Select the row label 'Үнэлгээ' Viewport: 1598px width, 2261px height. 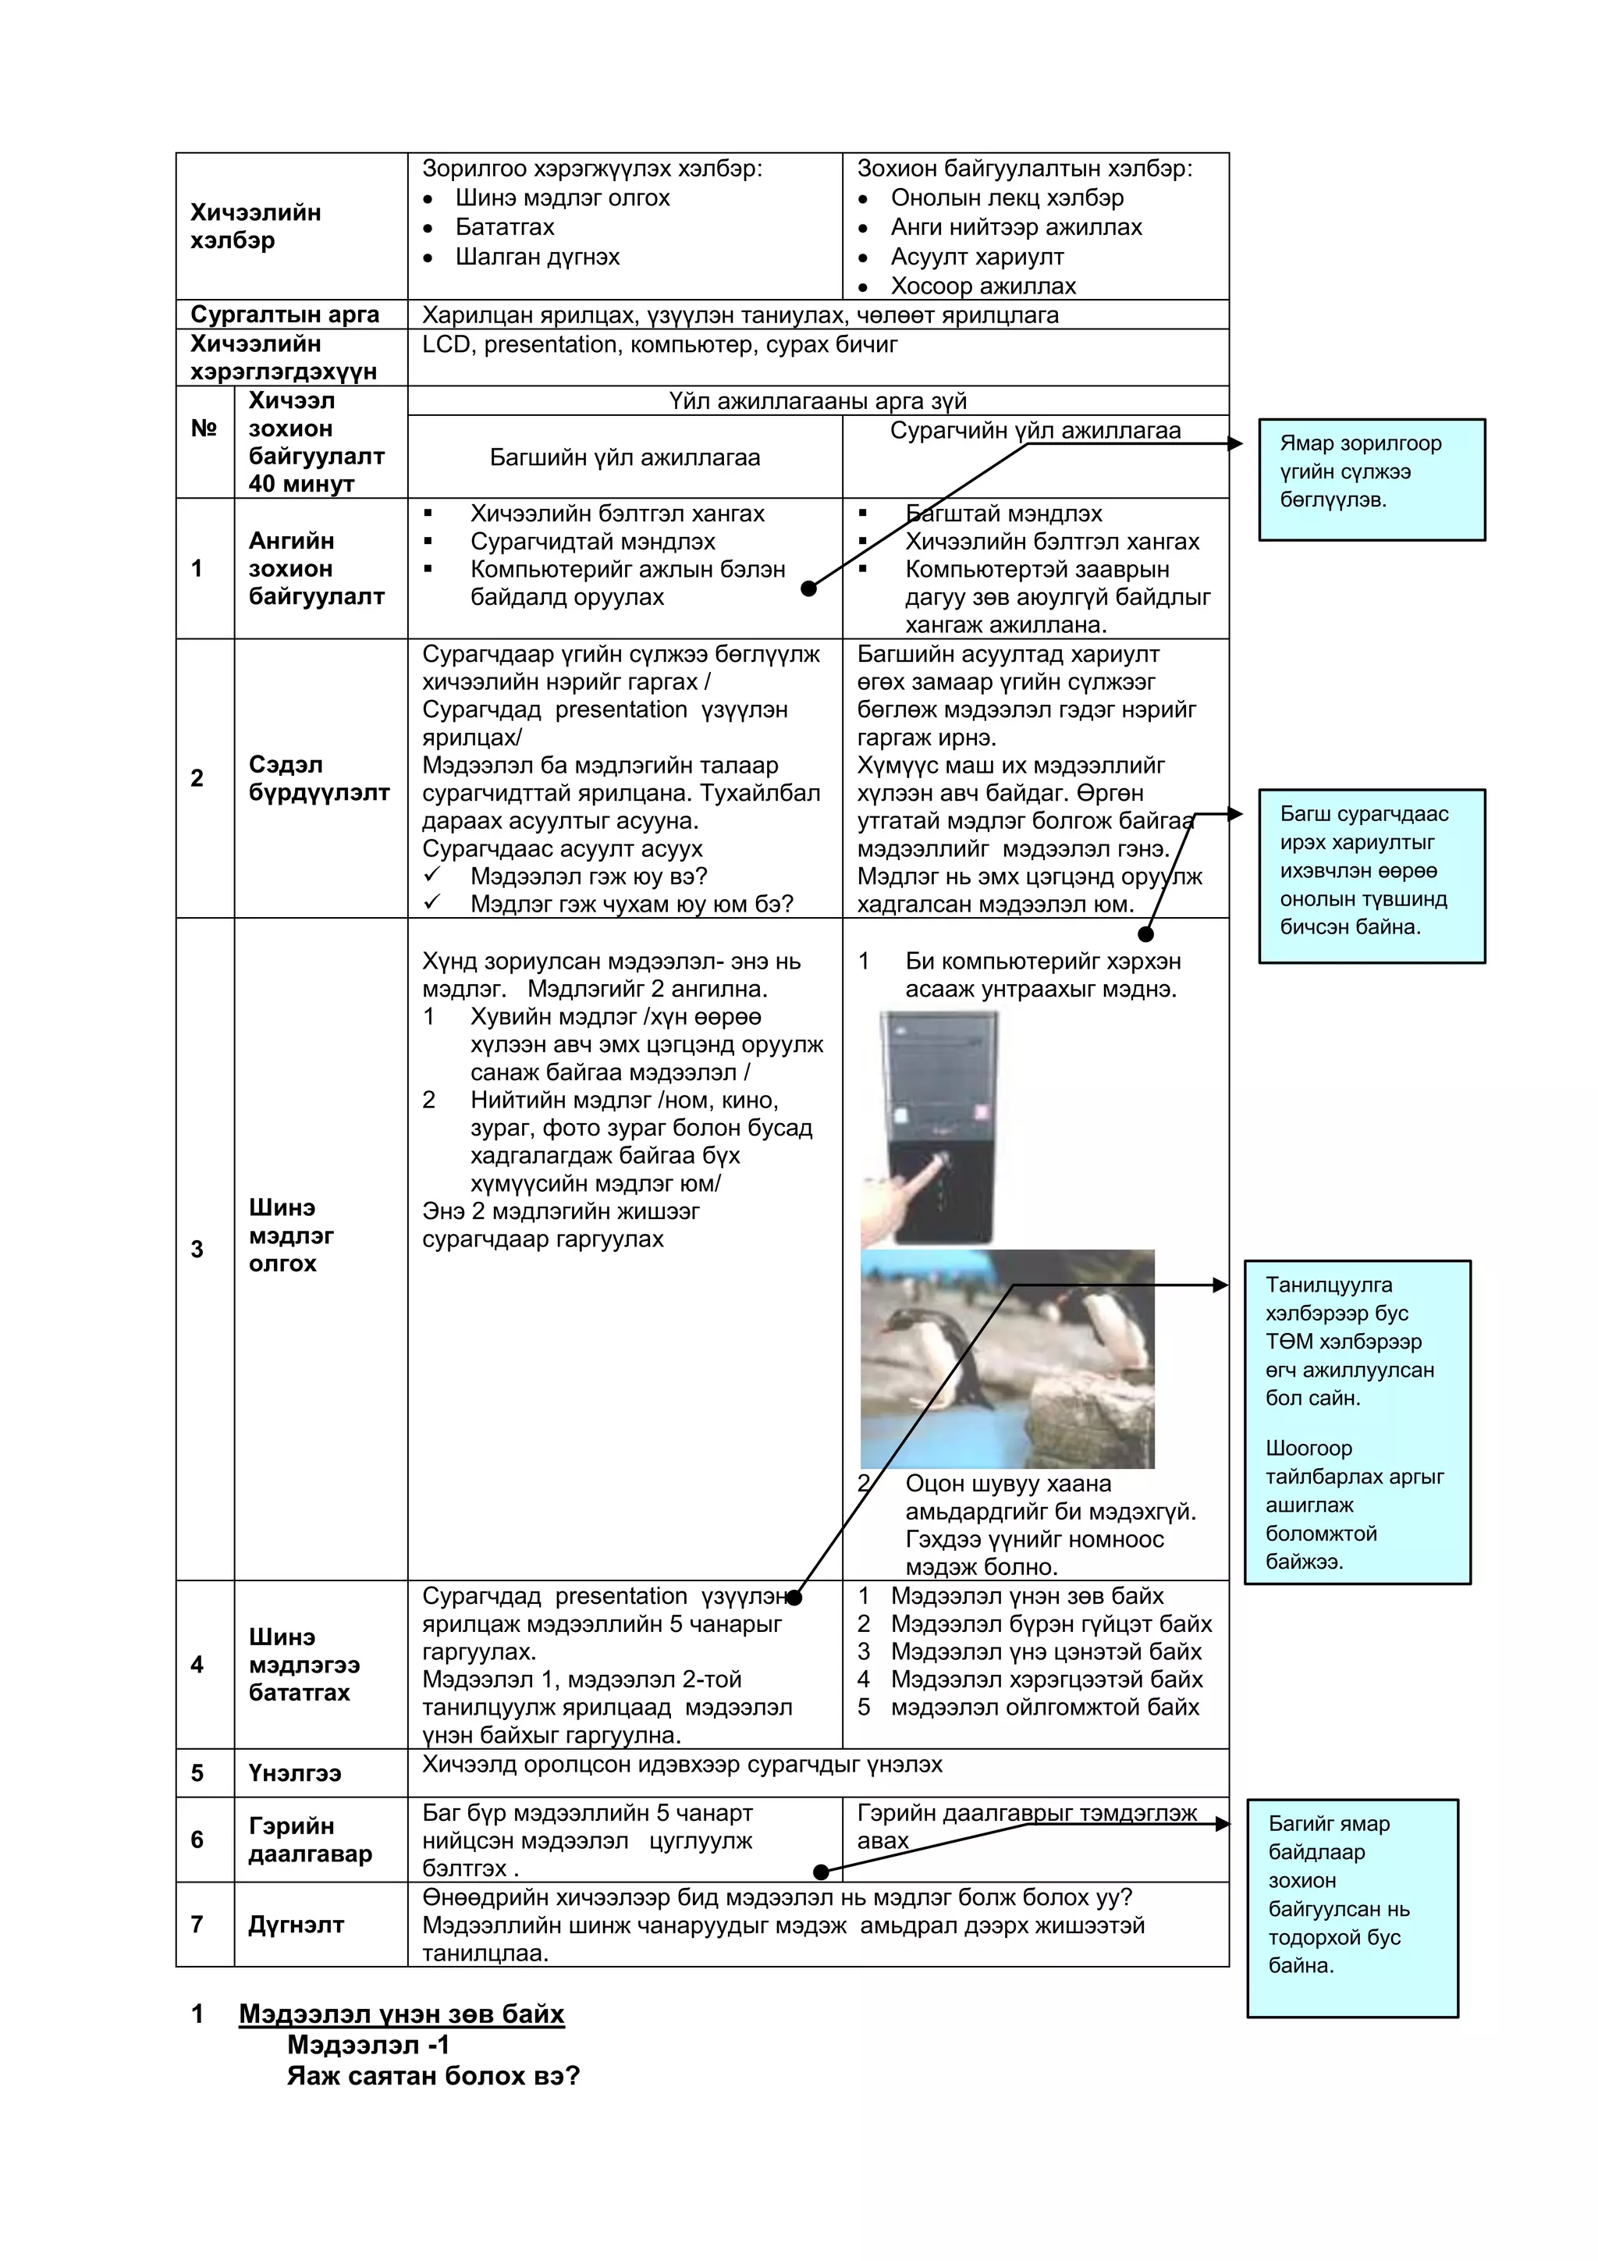(x=294, y=1773)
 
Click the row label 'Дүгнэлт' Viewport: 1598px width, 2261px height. (x=296, y=1925)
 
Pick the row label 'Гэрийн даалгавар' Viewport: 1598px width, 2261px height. (x=310, y=1840)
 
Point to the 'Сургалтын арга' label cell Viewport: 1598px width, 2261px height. (x=285, y=315)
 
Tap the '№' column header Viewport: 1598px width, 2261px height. (x=204, y=428)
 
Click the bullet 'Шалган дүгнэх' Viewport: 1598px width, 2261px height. (x=537, y=257)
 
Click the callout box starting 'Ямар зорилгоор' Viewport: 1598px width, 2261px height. (x=1371, y=479)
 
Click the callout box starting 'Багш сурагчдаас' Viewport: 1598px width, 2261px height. (x=1371, y=876)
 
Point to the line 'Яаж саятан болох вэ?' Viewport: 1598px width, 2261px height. (x=433, y=2077)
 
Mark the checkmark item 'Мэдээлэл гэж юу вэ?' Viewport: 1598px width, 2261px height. (x=588, y=876)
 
